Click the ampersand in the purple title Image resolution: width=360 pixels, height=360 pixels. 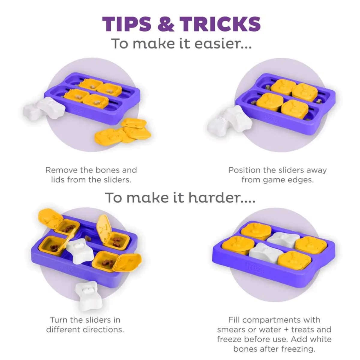[166, 24]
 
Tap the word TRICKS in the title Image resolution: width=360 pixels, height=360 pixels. [220, 24]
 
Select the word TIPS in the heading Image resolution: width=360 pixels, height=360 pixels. [127, 24]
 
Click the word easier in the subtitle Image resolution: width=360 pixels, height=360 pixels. [223, 43]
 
